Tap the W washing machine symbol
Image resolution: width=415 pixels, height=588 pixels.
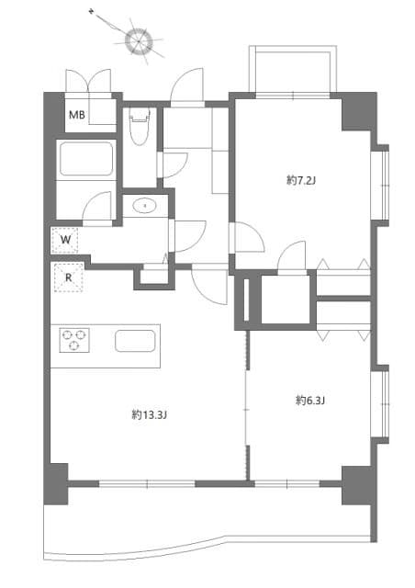point(65,241)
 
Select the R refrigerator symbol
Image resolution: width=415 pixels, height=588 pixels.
point(68,277)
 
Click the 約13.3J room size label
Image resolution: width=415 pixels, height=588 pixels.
point(149,414)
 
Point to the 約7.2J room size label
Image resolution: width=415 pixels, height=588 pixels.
point(300,181)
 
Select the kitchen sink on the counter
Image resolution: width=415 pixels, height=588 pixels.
point(134,341)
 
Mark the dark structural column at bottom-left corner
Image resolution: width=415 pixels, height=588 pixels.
point(56,482)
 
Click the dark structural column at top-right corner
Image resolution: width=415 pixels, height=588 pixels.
point(359,112)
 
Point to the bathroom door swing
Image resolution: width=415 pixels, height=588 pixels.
point(96,209)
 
